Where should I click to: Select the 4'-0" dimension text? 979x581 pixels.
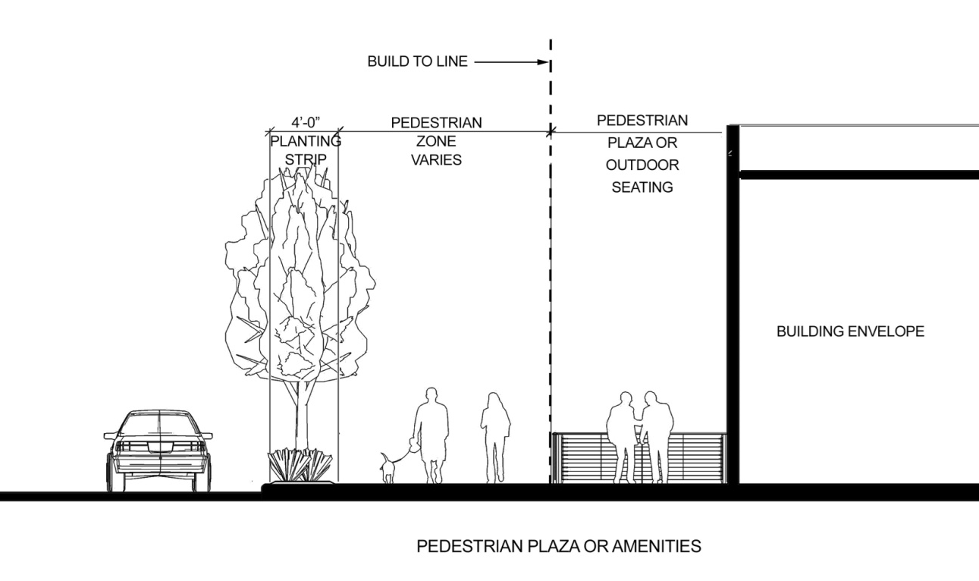click(306, 121)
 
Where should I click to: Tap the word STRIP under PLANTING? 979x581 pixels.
click(306, 159)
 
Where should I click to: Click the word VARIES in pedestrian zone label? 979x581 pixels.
click(436, 160)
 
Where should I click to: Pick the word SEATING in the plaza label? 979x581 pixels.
click(642, 187)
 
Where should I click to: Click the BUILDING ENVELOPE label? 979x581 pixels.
click(850, 331)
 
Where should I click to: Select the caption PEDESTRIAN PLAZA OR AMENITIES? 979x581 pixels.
click(559, 546)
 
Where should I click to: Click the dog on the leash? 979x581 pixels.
click(388, 466)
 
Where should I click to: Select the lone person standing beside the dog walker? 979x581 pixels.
click(495, 436)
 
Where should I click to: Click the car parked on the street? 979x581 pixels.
click(158, 450)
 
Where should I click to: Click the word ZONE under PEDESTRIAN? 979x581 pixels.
click(436, 141)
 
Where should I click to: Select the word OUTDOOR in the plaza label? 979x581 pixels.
click(642, 165)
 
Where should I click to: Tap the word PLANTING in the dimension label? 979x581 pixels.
click(306, 140)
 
